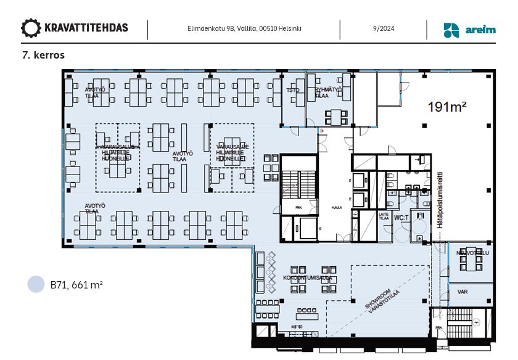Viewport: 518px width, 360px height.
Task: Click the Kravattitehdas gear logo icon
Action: pyautogui.click(x=31, y=28)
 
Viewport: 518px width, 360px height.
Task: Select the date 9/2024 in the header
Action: pyautogui.click(x=383, y=28)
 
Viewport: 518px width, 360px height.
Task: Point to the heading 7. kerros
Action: pyautogui.click(x=43, y=55)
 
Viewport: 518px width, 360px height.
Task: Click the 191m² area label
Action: pyautogui.click(x=446, y=107)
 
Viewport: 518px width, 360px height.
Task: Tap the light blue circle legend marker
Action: pyautogui.click(x=36, y=284)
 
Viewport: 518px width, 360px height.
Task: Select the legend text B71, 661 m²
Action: pyautogui.click(x=76, y=285)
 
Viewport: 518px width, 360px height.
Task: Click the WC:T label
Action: pyautogui.click(x=401, y=218)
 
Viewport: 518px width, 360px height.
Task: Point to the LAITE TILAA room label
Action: pyautogui.click(x=383, y=216)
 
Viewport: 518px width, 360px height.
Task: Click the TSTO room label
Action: pyautogui.click(x=293, y=90)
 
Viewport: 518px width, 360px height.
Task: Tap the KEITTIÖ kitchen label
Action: pyautogui.click(x=296, y=326)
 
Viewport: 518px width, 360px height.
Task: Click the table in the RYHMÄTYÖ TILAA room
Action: pyautogui.click(x=336, y=116)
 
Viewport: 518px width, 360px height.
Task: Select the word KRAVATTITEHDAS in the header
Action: pyautogui.click(x=86, y=28)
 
